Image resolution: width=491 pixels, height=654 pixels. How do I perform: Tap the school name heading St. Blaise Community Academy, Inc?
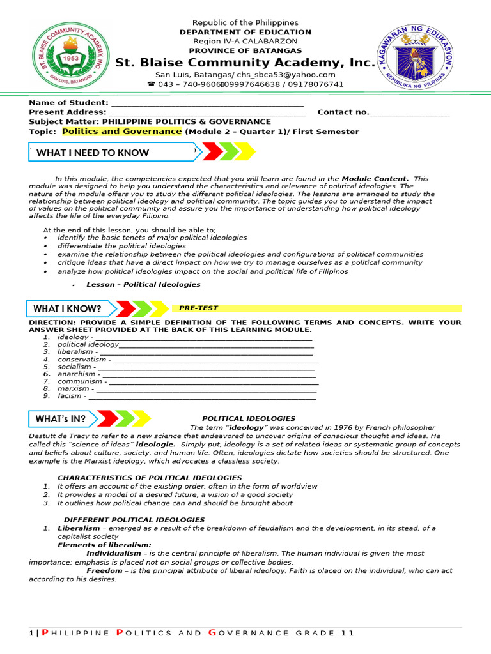[x=245, y=63]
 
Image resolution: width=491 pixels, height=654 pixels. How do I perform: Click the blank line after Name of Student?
[x=207, y=103]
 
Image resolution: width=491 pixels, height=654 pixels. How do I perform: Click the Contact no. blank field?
[x=409, y=113]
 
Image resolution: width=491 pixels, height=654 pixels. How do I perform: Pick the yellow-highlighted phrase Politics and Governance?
[x=121, y=132]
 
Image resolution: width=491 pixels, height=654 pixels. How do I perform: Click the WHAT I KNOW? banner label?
[x=67, y=309]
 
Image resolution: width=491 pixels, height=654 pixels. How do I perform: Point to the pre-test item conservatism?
[x=82, y=360]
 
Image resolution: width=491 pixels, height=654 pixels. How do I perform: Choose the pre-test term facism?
[x=70, y=396]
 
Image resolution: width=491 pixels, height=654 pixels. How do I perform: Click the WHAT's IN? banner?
[x=61, y=419]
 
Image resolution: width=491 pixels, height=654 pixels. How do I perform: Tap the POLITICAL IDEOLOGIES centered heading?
[x=249, y=419]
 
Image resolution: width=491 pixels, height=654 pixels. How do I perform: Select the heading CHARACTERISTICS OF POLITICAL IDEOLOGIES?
[x=150, y=478]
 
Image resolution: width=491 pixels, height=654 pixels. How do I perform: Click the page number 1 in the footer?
[x=31, y=633]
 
